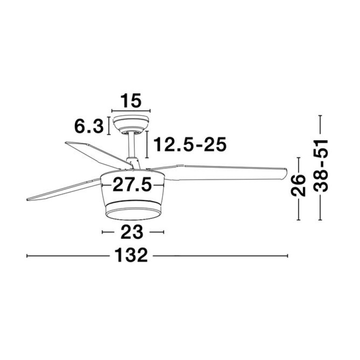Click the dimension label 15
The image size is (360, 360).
pyautogui.click(x=130, y=102)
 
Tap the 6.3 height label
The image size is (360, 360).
pyautogui.click(x=89, y=126)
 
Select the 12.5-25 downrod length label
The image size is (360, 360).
pyautogui.click(x=189, y=145)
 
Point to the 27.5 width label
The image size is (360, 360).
pyautogui.click(x=132, y=185)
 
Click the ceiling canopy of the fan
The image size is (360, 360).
pyautogui.click(x=131, y=123)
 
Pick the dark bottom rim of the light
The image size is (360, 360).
pyautogui.click(x=132, y=214)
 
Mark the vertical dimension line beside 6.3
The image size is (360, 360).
pyautogui.click(x=109, y=126)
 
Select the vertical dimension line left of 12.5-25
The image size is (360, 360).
pyautogui.click(x=147, y=144)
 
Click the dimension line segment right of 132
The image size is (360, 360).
pyautogui.click(x=220, y=256)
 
